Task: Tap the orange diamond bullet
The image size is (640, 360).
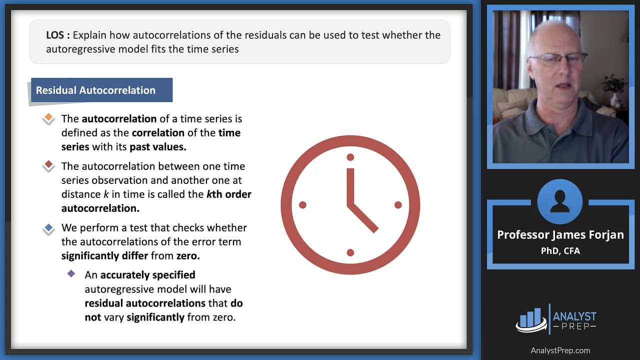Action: (48, 118)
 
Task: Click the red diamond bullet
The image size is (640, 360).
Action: (48, 164)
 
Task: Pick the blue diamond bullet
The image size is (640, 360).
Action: (48, 228)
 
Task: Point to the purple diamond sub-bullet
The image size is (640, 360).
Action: (71, 274)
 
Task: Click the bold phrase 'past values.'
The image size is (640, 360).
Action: (158, 147)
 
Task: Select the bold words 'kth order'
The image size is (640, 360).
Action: (228, 194)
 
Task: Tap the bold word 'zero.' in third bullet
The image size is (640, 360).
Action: (188, 255)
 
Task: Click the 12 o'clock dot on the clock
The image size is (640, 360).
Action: (350, 157)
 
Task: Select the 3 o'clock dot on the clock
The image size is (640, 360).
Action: (398, 205)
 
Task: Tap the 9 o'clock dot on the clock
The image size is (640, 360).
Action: (302, 205)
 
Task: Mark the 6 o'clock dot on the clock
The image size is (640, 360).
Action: (350, 252)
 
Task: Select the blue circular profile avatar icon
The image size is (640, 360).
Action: (560, 201)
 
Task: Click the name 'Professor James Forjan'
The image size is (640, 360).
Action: (560, 235)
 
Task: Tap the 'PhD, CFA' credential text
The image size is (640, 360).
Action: (560, 251)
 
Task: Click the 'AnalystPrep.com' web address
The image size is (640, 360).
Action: (560, 350)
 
